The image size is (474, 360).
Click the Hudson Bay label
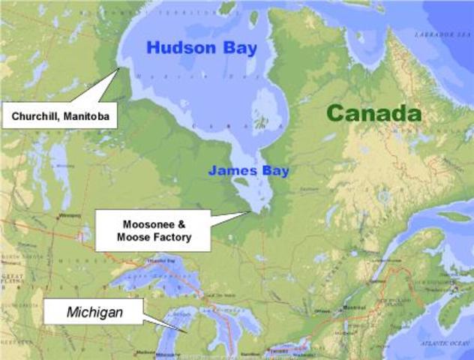tap(196, 48)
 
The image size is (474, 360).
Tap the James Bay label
tap(248, 171)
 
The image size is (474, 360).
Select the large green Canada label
tap(374, 114)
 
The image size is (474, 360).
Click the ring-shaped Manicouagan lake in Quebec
tap(384, 197)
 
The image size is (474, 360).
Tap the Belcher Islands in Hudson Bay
tap(262, 121)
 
